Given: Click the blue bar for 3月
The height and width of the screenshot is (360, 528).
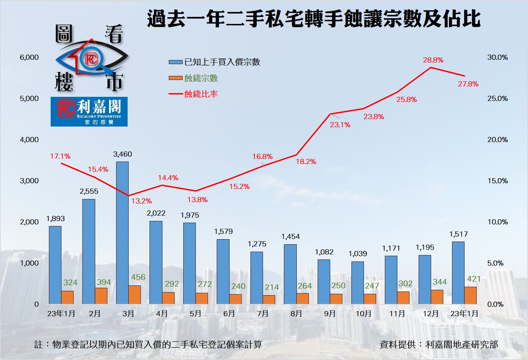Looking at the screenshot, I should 122,233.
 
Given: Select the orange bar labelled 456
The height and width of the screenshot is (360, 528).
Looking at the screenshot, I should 134,295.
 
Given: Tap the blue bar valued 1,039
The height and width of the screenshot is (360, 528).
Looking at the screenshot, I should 358,283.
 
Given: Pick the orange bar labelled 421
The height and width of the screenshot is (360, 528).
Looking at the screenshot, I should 470,296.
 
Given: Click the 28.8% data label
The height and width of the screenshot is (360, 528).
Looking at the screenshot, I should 433,60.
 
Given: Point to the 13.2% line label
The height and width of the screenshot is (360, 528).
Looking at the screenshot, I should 141,201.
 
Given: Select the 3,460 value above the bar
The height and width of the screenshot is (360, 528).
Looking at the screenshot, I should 123,154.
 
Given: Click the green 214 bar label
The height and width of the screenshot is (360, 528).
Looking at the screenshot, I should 272,287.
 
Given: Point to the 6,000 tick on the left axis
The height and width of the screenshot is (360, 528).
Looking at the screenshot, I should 29,57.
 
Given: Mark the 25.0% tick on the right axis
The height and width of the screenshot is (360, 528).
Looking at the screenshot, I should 497,99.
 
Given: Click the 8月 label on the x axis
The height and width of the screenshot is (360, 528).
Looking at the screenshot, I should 296,314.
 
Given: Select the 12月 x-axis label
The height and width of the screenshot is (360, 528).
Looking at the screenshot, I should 430,314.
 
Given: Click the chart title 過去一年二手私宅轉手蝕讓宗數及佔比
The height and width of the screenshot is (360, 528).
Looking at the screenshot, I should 314,19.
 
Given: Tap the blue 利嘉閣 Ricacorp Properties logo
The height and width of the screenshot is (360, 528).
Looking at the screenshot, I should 89,112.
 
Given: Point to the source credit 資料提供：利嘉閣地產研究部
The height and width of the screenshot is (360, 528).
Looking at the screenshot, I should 439,344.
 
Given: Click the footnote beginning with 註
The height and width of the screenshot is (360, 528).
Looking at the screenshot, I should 148,344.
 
